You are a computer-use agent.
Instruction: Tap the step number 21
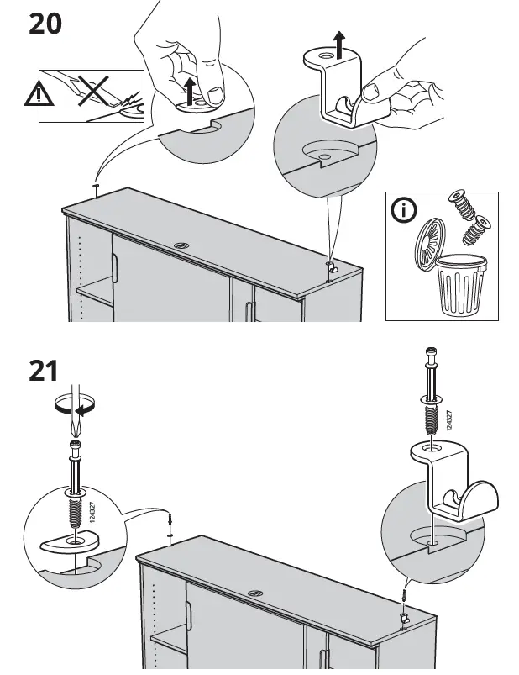coord(44,370)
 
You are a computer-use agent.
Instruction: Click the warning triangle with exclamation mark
coord(38,95)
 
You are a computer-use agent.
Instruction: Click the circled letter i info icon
coord(406,211)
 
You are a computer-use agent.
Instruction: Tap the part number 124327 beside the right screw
coord(450,419)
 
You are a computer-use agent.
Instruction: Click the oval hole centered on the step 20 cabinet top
coord(182,245)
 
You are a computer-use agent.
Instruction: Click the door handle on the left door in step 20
coord(115,271)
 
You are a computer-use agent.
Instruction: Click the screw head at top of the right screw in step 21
coord(432,351)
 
